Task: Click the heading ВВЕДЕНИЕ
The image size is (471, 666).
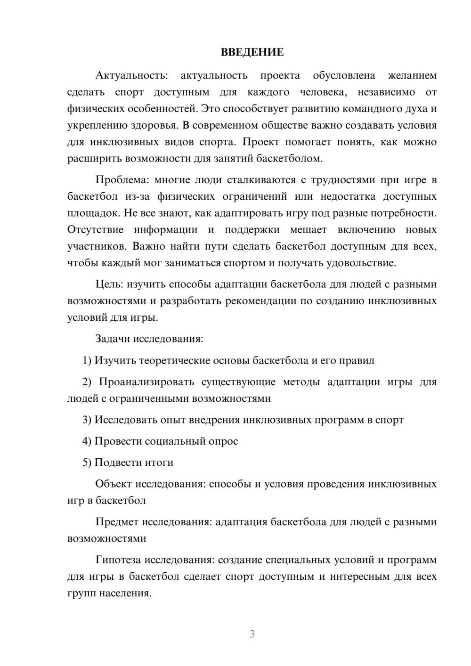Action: click(252, 52)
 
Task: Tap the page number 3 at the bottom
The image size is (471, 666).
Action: click(252, 634)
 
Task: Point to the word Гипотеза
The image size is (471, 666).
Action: click(118, 560)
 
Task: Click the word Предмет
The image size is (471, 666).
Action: click(117, 522)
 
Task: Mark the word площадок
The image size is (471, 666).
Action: click(93, 213)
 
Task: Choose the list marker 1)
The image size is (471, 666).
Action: click(87, 361)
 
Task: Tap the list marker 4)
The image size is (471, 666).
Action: click(87, 441)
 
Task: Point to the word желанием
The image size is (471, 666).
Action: click(412, 76)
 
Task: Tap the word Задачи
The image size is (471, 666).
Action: click(113, 339)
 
